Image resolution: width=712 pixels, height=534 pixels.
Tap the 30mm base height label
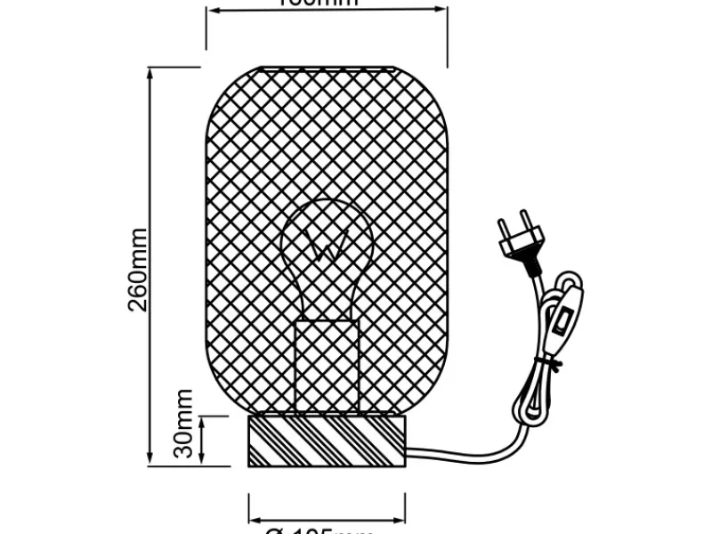tap(183, 423)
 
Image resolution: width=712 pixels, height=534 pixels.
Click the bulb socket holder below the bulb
tap(327, 365)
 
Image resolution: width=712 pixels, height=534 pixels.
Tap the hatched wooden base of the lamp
tap(326, 441)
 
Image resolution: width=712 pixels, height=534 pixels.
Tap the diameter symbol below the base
tap(275, 530)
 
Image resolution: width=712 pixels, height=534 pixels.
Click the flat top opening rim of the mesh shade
tap(326, 68)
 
